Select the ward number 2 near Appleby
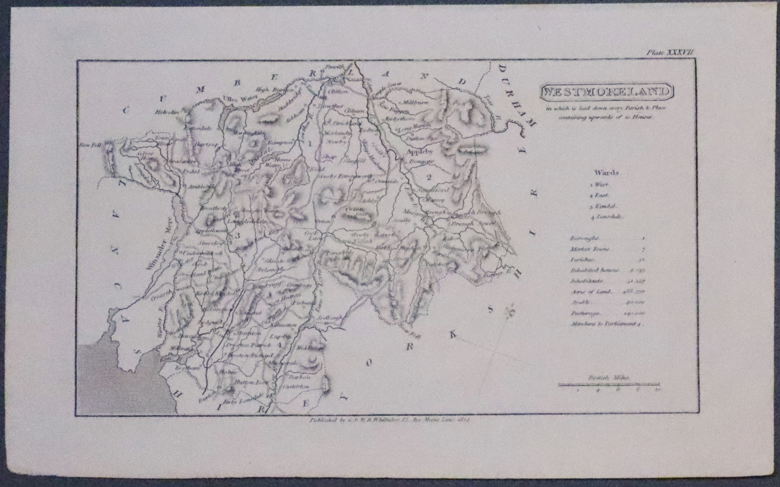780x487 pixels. coord(429,177)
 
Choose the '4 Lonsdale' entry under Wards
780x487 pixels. coord(607,217)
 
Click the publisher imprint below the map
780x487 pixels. coord(390,420)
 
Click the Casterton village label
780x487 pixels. coord(296,386)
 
